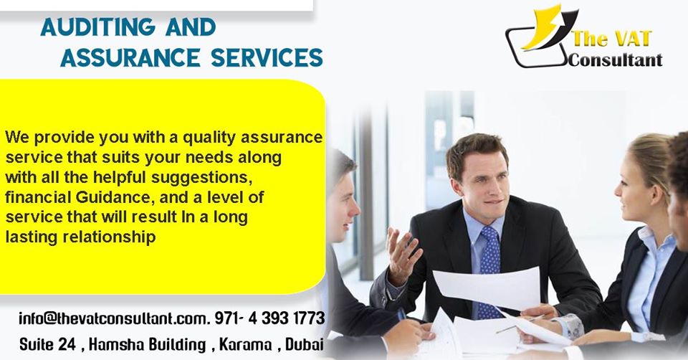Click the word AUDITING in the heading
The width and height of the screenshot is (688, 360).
tap(98, 27)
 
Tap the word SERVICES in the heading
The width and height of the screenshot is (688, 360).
tap(267, 57)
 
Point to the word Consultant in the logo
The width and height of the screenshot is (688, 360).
tap(615, 60)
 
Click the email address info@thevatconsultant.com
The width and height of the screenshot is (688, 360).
tap(113, 318)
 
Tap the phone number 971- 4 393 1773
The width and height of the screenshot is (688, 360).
tap(270, 318)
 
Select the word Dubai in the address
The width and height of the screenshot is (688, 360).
tap(305, 344)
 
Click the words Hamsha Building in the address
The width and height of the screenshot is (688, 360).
tap(147, 344)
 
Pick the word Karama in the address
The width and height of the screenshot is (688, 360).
tap(245, 344)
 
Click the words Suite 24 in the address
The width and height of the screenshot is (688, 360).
tap(47, 344)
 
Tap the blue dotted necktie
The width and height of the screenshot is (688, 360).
tap(489, 273)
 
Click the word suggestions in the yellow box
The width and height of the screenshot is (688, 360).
tap(202, 178)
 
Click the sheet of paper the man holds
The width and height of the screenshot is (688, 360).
tap(488, 287)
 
